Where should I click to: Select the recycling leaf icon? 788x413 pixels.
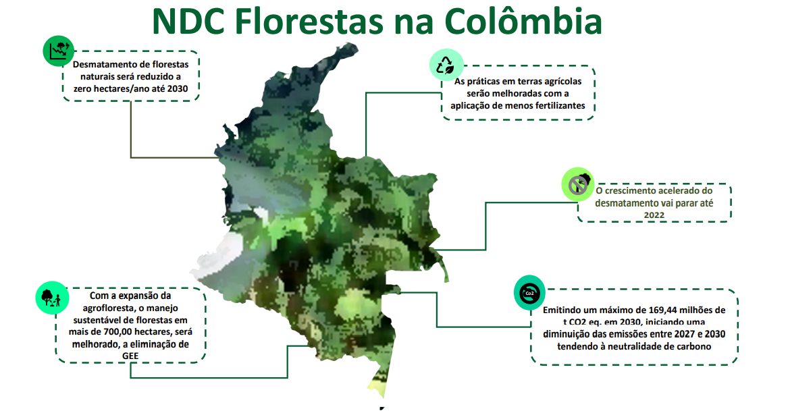pyautogui.click(x=446, y=65)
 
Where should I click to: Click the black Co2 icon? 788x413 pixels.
pyautogui.click(x=529, y=293)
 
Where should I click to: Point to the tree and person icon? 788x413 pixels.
pyautogui.click(x=52, y=298)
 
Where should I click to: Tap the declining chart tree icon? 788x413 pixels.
pyautogui.click(x=59, y=51)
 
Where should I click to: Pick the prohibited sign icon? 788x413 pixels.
pyautogui.click(x=577, y=184)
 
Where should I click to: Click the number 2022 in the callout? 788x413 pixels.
pyautogui.click(x=654, y=215)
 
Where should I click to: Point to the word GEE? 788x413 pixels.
pyautogui.click(x=130, y=356)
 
